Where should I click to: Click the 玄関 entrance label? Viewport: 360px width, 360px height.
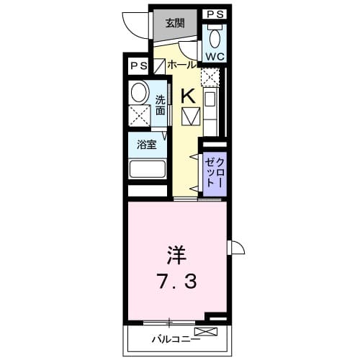[175, 22]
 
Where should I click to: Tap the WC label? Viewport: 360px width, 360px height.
[215, 56]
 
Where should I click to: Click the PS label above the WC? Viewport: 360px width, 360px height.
[215, 14]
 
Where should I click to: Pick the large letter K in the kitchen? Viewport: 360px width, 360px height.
[187, 94]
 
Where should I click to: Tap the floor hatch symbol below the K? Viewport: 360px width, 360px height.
[190, 115]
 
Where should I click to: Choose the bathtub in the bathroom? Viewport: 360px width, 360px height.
[148, 170]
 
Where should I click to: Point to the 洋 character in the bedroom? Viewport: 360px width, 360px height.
[176, 255]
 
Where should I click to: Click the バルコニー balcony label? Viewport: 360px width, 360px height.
[176, 338]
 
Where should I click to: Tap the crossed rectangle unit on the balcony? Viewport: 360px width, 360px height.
[205, 332]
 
